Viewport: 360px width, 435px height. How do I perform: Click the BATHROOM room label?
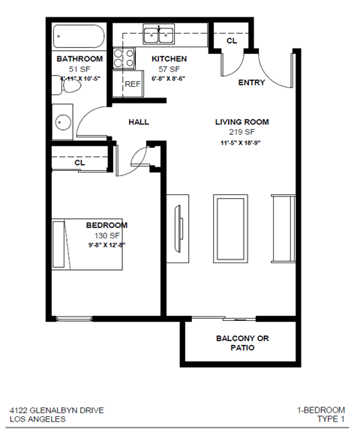(79, 59)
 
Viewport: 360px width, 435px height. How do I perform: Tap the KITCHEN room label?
(169, 59)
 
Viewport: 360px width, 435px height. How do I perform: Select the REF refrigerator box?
(132, 84)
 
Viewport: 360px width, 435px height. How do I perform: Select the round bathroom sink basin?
(62, 121)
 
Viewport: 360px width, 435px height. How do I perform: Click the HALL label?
(139, 121)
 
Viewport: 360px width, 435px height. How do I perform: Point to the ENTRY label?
(250, 82)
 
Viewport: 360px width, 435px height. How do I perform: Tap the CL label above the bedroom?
(79, 162)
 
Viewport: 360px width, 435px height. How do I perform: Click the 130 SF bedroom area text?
(106, 235)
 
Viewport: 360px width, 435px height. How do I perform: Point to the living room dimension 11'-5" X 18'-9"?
(241, 142)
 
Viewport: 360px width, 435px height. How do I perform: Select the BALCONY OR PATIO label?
(241, 343)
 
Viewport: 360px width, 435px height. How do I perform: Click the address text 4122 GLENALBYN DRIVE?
(57, 409)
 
